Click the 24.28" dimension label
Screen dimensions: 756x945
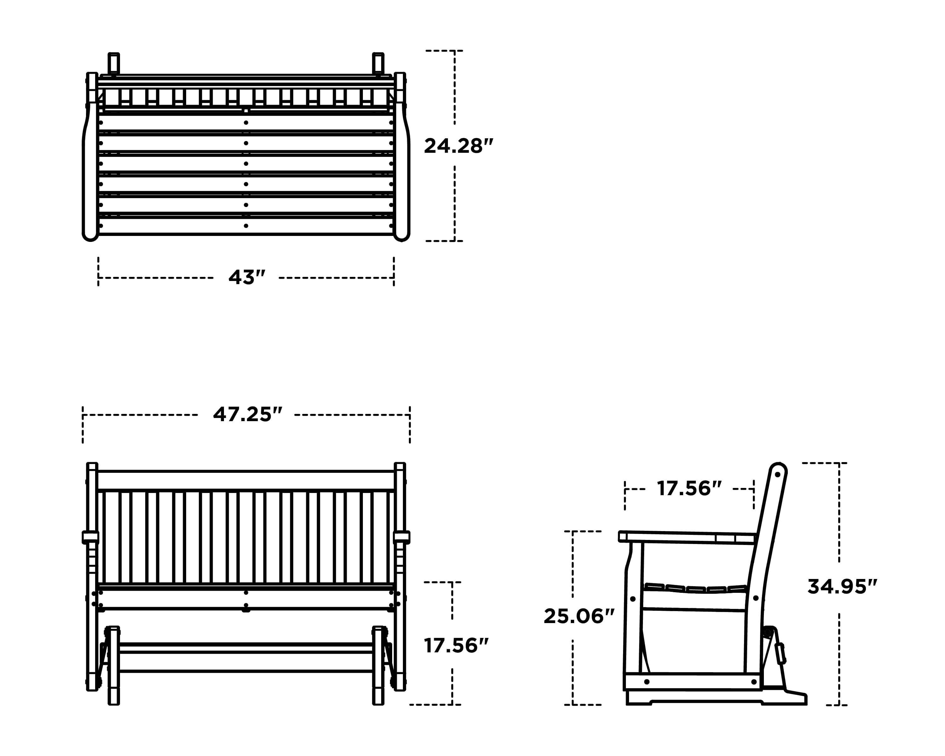point(458,146)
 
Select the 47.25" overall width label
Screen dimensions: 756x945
point(247,415)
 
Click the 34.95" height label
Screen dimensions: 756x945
point(842,587)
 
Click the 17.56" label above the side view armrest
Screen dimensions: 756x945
point(689,489)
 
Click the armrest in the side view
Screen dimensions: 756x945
point(684,537)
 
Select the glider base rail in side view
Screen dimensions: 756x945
point(693,681)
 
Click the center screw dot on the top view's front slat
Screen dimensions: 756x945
point(246,226)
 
